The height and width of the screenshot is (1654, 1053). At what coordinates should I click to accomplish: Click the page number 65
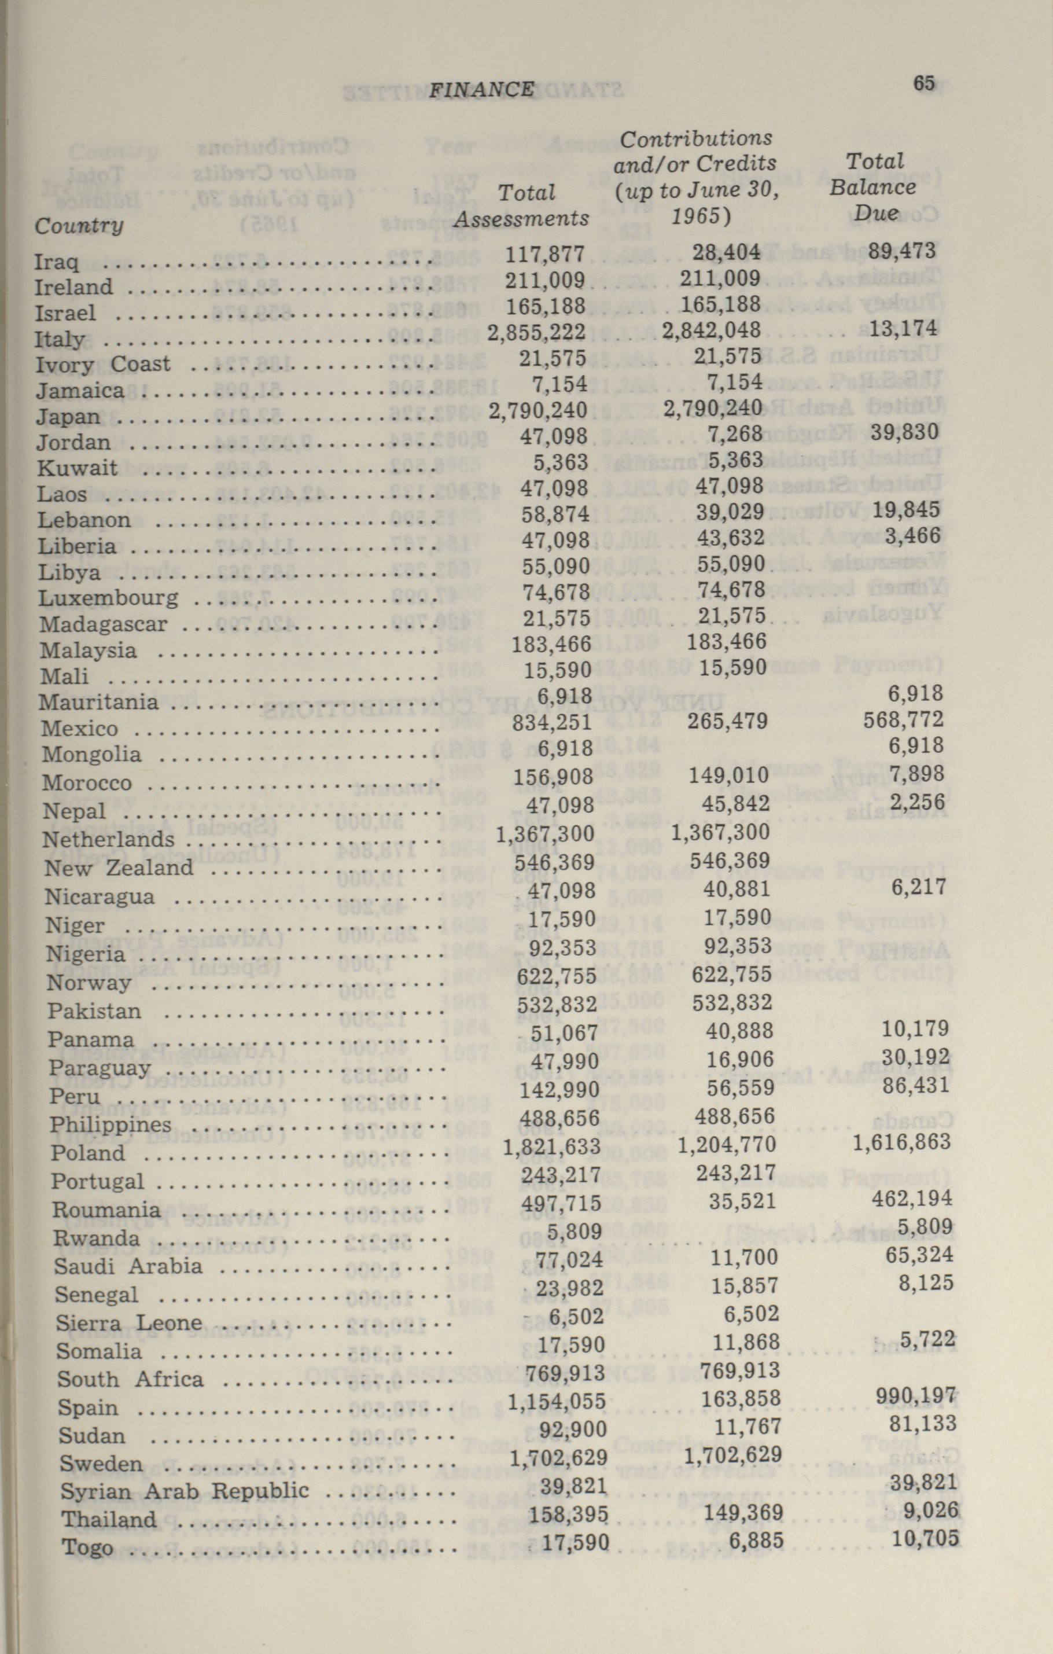(x=924, y=83)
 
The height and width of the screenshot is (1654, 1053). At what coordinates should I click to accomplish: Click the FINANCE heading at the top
(x=481, y=89)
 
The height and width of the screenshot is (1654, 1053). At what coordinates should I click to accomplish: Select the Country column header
(x=79, y=225)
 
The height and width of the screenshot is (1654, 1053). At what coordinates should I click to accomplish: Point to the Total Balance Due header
(x=873, y=187)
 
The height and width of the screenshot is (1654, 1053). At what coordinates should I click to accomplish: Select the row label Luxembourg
(x=108, y=598)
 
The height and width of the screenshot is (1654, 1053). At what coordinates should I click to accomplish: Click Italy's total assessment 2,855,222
(x=536, y=332)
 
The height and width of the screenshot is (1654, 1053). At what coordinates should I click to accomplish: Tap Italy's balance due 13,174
(x=903, y=328)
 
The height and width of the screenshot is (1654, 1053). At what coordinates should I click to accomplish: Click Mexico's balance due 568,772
(x=903, y=720)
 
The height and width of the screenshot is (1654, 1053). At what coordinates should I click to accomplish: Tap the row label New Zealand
(x=119, y=868)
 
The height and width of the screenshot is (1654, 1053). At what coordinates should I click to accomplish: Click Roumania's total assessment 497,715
(x=561, y=1203)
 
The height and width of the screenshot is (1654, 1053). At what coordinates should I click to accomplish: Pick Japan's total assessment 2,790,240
(x=538, y=411)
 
